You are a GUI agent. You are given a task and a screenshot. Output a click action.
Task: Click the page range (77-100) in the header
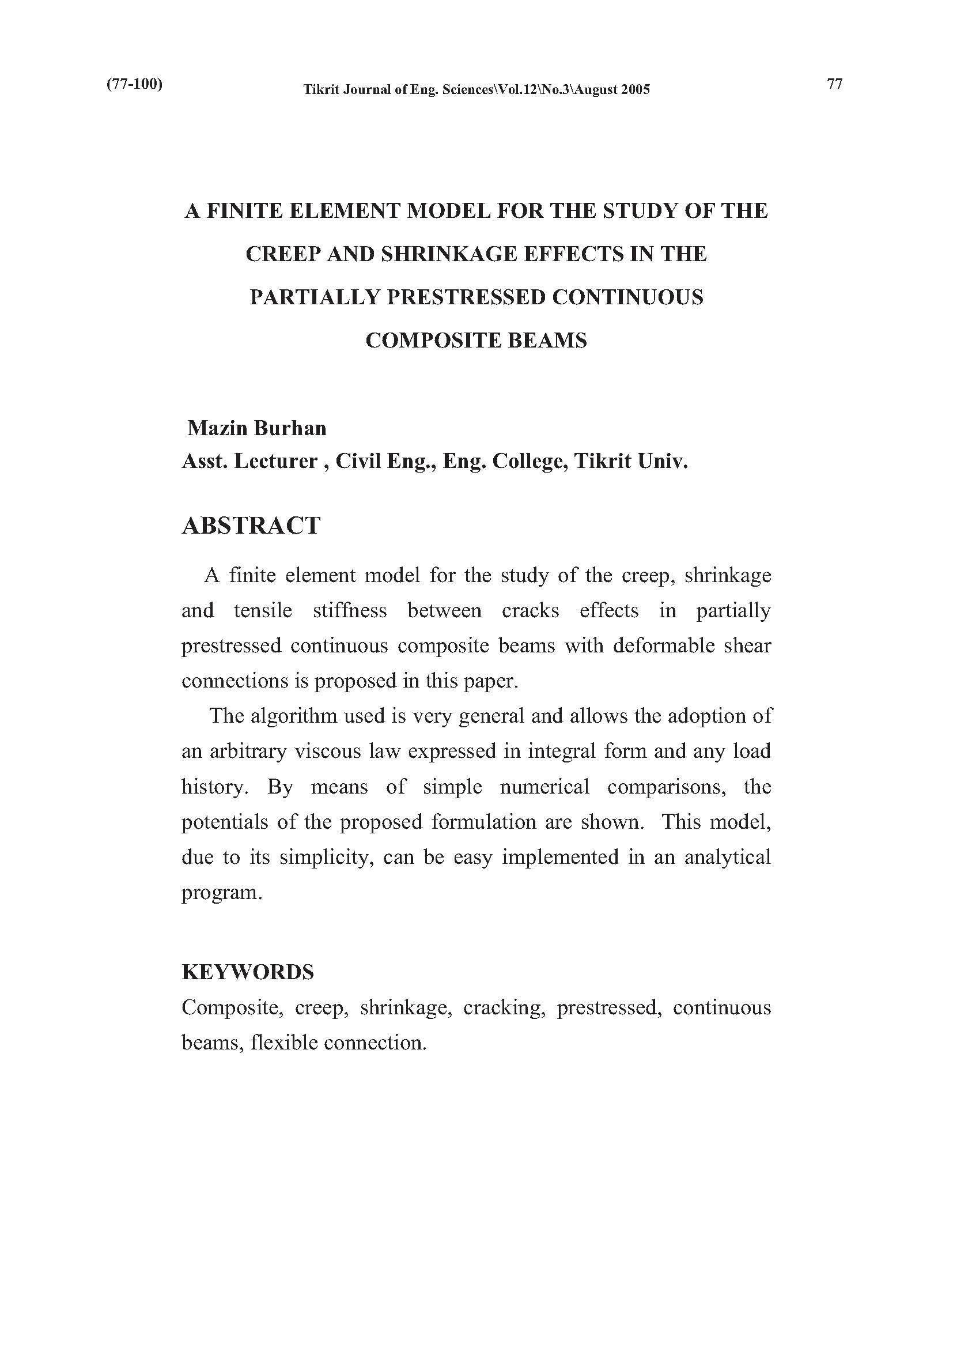click(134, 84)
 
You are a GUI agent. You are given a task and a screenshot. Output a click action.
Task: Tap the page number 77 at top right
click(834, 84)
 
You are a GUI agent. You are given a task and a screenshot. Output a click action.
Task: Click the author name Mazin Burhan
click(256, 428)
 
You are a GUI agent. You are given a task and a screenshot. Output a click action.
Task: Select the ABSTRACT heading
click(251, 526)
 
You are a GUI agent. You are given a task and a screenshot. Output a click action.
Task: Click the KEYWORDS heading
click(248, 972)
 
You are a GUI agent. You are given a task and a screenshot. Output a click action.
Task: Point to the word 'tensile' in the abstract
click(262, 610)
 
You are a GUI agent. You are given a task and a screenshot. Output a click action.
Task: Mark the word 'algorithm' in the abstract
click(294, 716)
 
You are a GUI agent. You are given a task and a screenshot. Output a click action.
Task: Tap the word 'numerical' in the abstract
click(544, 787)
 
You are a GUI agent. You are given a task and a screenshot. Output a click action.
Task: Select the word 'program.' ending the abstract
click(221, 893)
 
